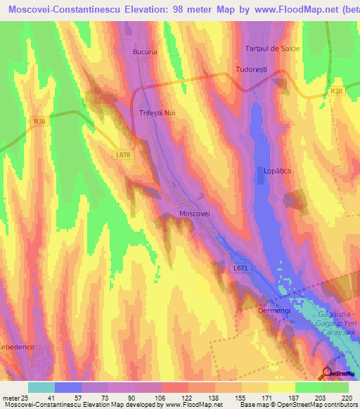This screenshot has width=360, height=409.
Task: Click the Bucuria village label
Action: [x=144, y=51]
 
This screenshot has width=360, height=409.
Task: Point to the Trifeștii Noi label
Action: [x=157, y=112]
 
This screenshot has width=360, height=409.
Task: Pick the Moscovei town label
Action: [x=195, y=213]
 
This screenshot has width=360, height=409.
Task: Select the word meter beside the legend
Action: [x=10, y=398]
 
